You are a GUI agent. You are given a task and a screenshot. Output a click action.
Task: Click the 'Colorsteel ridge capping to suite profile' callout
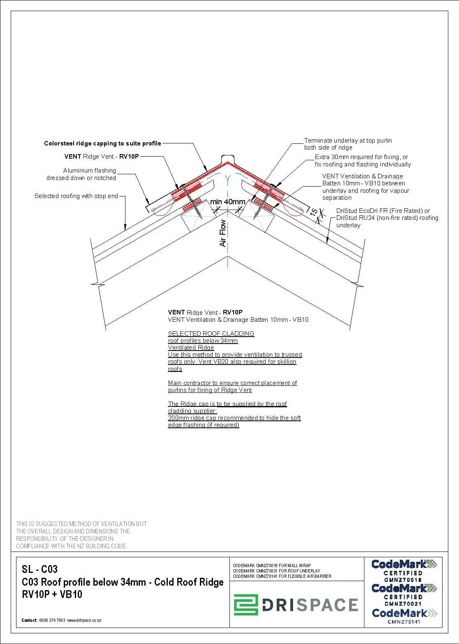[x=102, y=143]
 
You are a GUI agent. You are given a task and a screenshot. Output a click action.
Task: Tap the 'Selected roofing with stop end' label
[x=76, y=196]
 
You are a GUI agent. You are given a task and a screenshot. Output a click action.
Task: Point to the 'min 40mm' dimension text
[x=227, y=202]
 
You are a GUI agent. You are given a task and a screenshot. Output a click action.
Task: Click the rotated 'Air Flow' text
[x=223, y=233]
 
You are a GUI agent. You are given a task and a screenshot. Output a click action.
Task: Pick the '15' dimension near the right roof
[x=313, y=212]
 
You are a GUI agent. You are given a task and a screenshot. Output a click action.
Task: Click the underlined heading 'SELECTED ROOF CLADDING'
[x=211, y=333]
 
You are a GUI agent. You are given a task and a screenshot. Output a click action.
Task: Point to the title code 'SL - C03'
[x=39, y=569]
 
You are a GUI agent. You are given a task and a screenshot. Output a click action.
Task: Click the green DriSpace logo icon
[x=246, y=605]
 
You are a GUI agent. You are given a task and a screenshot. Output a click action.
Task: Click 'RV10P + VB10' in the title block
[x=52, y=594]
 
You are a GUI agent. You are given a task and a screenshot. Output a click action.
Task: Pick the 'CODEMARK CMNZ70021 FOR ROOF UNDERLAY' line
[x=276, y=571]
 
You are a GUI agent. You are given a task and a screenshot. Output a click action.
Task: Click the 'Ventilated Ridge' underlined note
[x=191, y=348]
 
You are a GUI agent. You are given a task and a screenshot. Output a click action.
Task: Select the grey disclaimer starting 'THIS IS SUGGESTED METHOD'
[x=81, y=535]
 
